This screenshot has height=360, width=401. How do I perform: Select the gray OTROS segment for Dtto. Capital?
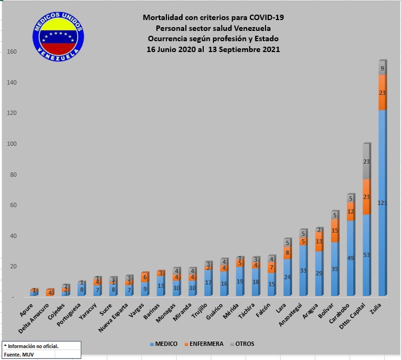point(366,161)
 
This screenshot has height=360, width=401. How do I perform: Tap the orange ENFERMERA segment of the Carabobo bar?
point(351,211)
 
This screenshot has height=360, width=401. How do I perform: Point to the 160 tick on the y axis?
point(12,52)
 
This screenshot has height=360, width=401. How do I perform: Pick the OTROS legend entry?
point(242,344)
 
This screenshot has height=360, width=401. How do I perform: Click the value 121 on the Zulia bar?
point(383,203)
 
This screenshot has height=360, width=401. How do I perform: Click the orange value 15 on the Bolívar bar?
point(335,230)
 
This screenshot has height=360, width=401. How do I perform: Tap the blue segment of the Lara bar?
point(288,277)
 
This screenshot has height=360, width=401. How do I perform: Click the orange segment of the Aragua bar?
point(319,242)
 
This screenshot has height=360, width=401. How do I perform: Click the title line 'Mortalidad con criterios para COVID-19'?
point(213,17)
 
